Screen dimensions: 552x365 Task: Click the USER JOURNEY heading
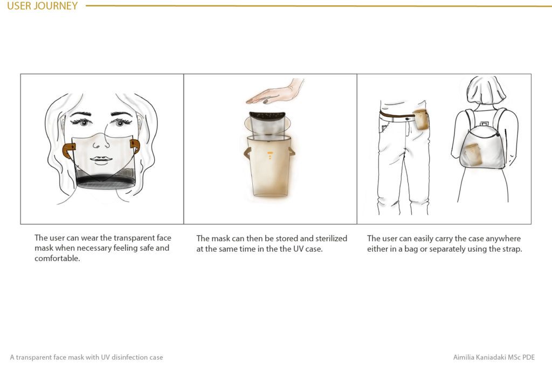tap(42, 5)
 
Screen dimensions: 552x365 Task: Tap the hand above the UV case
tap(274, 92)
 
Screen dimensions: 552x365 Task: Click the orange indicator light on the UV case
tap(270, 155)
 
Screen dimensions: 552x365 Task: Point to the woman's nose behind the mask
tap(101, 142)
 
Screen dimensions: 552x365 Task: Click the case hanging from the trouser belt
tap(420, 120)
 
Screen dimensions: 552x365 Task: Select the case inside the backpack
tap(472, 155)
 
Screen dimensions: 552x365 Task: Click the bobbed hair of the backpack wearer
tap(487, 89)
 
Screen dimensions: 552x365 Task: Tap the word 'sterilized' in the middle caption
tap(332, 238)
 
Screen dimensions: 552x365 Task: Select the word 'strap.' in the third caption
tap(512, 249)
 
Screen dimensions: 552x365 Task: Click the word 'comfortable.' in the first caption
tap(57, 258)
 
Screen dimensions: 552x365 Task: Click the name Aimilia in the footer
tap(463, 357)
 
